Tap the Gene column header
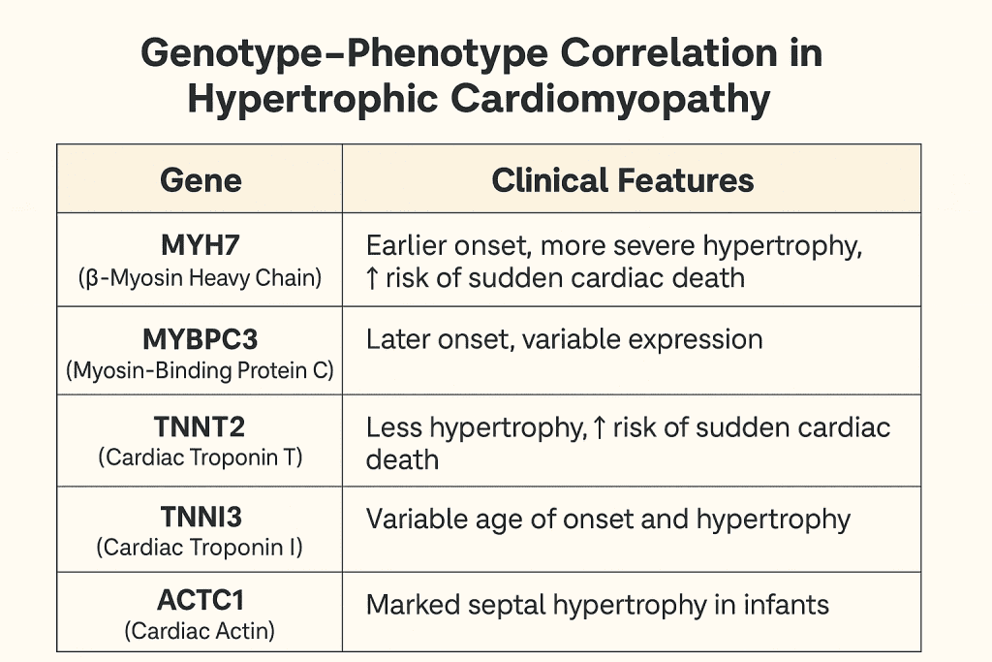(x=201, y=180)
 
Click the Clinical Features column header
(x=623, y=180)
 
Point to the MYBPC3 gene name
(x=200, y=339)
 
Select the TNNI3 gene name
(x=200, y=518)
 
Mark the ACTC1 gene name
(x=200, y=603)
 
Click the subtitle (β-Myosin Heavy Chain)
(x=200, y=278)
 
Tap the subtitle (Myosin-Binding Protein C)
(x=200, y=370)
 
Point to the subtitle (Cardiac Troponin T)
(x=200, y=457)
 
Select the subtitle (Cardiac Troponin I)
(x=200, y=548)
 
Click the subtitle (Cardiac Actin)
(x=200, y=632)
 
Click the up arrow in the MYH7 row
(x=372, y=278)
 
